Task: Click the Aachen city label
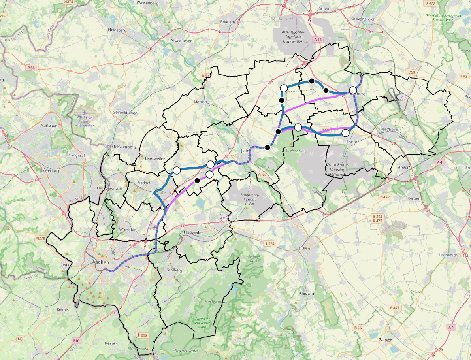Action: (100, 262)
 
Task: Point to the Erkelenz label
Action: (228, 22)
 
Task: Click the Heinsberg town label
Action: (117, 30)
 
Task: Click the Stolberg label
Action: (175, 270)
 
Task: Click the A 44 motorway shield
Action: (318, 40)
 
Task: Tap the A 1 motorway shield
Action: (451, 327)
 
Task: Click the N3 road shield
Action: (20, 339)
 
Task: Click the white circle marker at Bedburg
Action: (353, 90)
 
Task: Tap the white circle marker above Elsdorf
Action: (345, 133)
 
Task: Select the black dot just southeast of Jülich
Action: (268, 147)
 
